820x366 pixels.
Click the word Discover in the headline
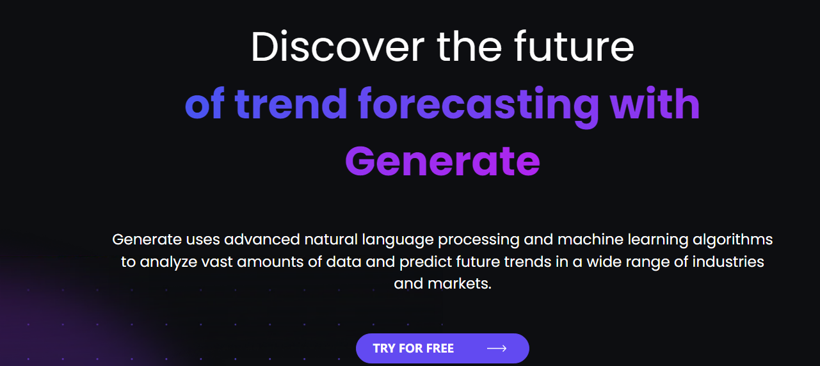pos(337,47)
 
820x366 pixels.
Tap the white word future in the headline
pos(574,46)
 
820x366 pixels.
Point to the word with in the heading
pos(655,103)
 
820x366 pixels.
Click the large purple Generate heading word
pos(442,161)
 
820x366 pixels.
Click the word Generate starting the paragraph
pos(147,239)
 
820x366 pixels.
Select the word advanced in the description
pos(262,239)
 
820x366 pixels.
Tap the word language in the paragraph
pos(398,241)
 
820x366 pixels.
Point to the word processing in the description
pos(479,241)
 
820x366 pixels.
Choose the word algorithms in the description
pos(732,241)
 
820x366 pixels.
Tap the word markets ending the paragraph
pos(460,283)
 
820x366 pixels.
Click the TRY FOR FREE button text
pos(414,348)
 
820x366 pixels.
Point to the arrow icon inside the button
pos(497,348)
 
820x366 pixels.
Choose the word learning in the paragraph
pos(658,241)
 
